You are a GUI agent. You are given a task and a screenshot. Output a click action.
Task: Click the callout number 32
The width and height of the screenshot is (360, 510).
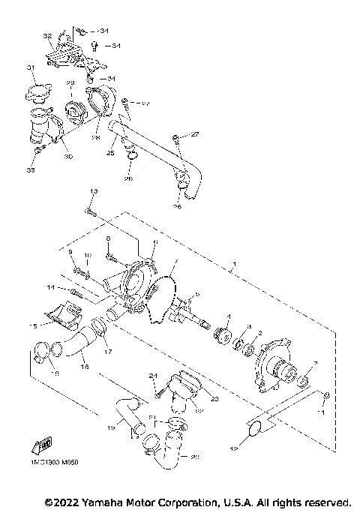[47, 35]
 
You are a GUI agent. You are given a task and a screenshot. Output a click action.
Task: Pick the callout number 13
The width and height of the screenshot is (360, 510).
[93, 193]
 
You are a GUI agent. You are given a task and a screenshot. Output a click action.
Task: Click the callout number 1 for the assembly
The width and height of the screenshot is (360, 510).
[235, 264]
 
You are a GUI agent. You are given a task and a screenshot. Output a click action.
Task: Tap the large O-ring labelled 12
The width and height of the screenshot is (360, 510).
[253, 429]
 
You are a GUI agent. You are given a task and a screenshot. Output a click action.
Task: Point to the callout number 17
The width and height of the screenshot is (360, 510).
[108, 352]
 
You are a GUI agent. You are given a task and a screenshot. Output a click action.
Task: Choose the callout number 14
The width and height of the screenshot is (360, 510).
[50, 287]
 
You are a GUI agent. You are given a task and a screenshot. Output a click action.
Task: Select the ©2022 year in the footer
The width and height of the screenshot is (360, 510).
[64, 500]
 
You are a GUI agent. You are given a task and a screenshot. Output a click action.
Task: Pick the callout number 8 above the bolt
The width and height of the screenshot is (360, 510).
[108, 238]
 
